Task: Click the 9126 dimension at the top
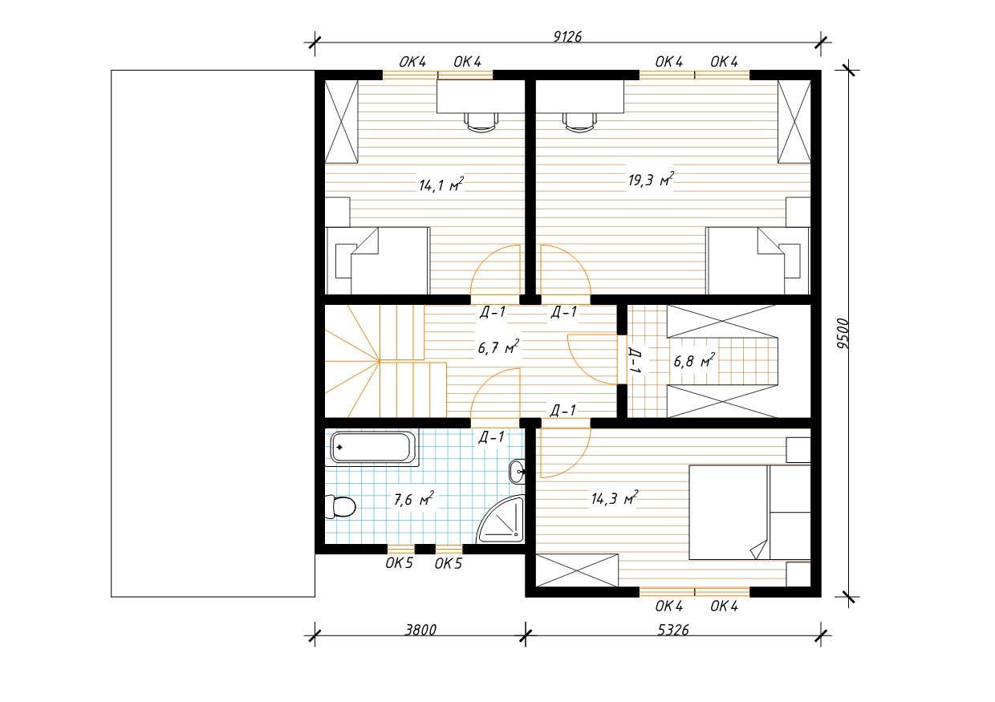567,36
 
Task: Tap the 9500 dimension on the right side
843,334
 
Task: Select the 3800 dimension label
420,630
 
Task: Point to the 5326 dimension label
673,630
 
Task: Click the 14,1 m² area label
441,185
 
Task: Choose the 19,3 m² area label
652,179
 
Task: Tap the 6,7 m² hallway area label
498,347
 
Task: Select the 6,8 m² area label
694,360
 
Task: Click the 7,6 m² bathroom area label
413,499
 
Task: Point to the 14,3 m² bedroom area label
615,497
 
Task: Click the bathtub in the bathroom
372,447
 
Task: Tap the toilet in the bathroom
340,506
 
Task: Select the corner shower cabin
501,520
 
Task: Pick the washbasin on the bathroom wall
517,471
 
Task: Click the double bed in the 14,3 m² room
749,512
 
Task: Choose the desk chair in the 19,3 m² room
579,121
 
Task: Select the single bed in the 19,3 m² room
757,261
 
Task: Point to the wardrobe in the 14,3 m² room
577,570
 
